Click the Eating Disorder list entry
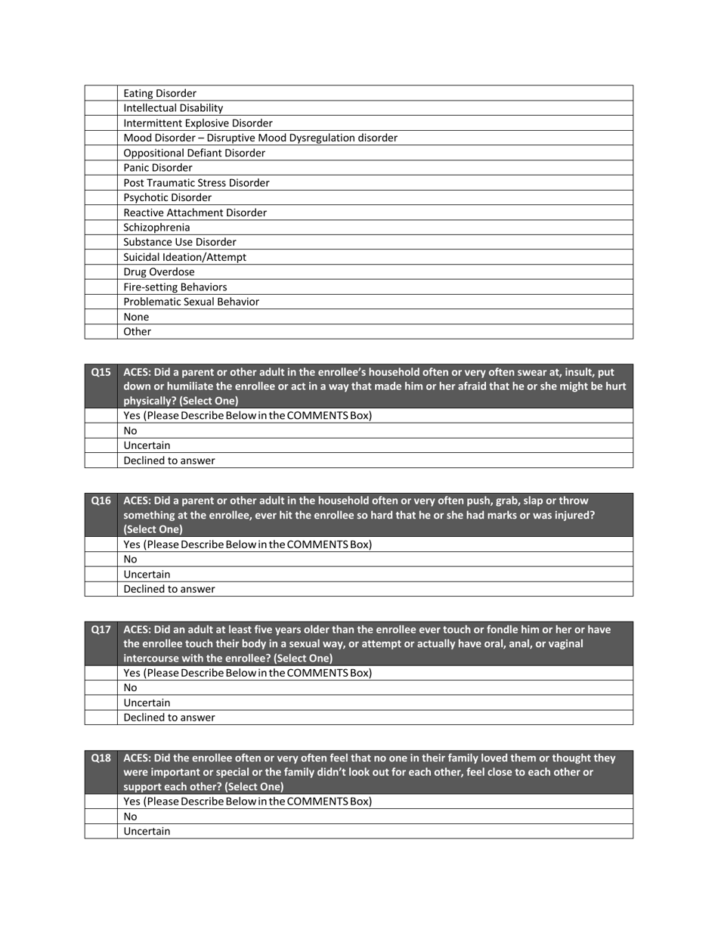pyautogui.click(x=159, y=93)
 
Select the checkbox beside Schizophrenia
pyautogui.click(x=101, y=228)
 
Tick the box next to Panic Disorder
pyautogui.click(x=101, y=168)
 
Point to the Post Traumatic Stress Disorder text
pyautogui.click(x=196, y=183)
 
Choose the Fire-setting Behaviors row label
pyautogui.click(x=175, y=287)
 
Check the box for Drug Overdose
pyautogui.click(x=101, y=272)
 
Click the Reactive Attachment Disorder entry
pyautogui.click(x=194, y=212)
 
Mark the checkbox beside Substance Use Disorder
pyautogui.click(x=101, y=243)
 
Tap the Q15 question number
pyautogui.click(x=101, y=372)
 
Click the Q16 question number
pyautogui.click(x=101, y=501)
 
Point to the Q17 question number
pyautogui.click(x=101, y=629)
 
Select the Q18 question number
pyautogui.click(x=101, y=758)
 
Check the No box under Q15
pyautogui.click(x=101, y=431)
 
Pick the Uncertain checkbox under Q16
pyautogui.click(x=101, y=575)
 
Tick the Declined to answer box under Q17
pyautogui.click(x=101, y=718)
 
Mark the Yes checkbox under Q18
pyautogui.click(x=101, y=801)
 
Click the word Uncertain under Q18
pyautogui.click(x=147, y=831)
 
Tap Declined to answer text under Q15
pyautogui.click(x=169, y=460)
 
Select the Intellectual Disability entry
pyautogui.click(x=173, y=108)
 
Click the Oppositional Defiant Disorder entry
pyautogui.click(x=194, y=153)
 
